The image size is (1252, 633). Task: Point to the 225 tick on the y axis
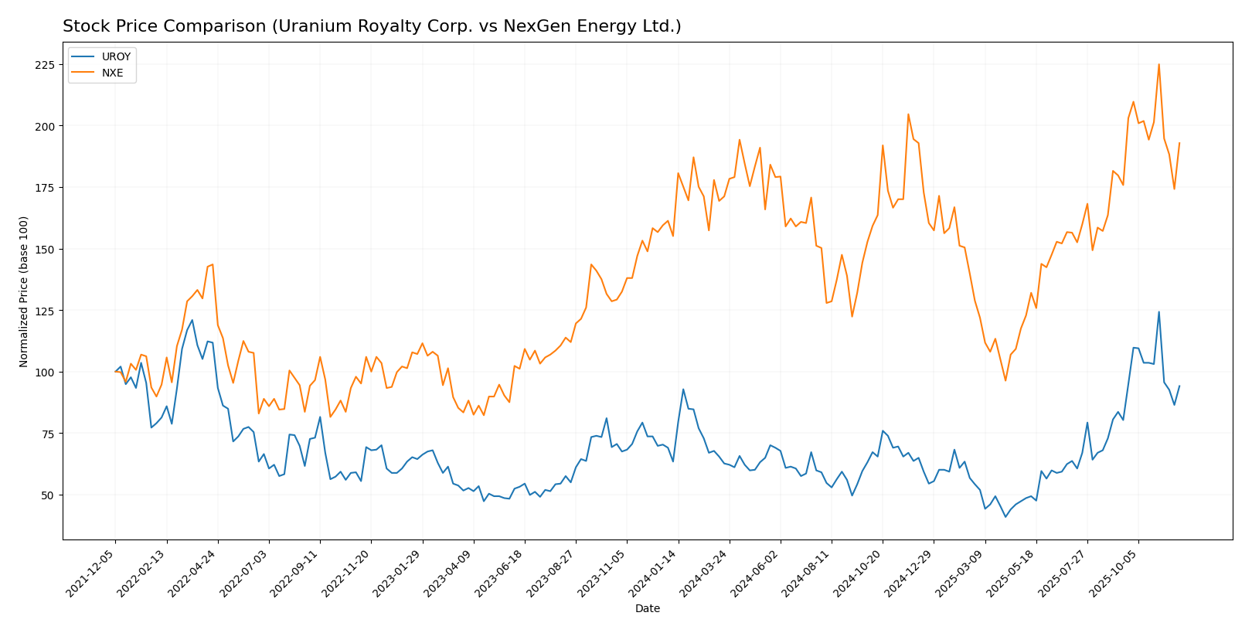coord(47,64)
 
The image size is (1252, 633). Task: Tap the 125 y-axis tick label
coord(47,311)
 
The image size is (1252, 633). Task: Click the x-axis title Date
coord(647,609)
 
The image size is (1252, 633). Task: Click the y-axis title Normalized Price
coord(24,291)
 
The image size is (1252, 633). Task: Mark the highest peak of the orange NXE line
coord(1158,64)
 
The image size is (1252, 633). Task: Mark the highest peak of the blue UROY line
coord(1158,311)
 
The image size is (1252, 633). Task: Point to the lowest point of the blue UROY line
coord(1005,517)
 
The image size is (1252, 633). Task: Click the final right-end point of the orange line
coord(1179,143)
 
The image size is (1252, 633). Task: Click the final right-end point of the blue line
coord(1179,386)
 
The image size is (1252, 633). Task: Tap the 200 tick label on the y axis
coord(47,126)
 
